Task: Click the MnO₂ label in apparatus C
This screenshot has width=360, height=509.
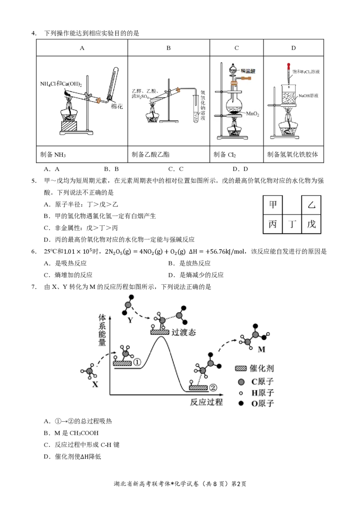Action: tap(252, 114)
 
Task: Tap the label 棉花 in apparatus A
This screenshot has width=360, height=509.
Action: tap(117, 107)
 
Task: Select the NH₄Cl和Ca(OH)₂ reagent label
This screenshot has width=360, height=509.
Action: tap(61, 84)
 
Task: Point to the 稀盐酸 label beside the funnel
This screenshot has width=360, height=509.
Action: tap(248, 71)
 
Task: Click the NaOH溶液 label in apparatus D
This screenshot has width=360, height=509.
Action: tap(308, 96)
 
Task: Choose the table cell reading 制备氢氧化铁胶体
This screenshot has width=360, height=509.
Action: tap(293, 154)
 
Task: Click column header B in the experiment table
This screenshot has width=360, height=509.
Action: tap(169, 48)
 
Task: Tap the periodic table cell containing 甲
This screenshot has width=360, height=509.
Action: tap(273, 205)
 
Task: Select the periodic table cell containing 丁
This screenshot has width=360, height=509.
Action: tap(292, 224)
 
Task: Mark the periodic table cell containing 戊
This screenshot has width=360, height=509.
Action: tap(311, 224)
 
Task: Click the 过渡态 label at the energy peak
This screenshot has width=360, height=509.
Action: tap(184, 332)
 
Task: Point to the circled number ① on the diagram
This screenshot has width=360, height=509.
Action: tap(137, 362)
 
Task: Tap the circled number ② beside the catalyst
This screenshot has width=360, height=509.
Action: tap(213, 387)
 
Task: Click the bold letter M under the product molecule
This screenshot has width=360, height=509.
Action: tap(261, 349)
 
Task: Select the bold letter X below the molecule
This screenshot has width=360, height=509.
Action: tap(95, 384)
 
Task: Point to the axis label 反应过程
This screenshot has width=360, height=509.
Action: tap(206, 402)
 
